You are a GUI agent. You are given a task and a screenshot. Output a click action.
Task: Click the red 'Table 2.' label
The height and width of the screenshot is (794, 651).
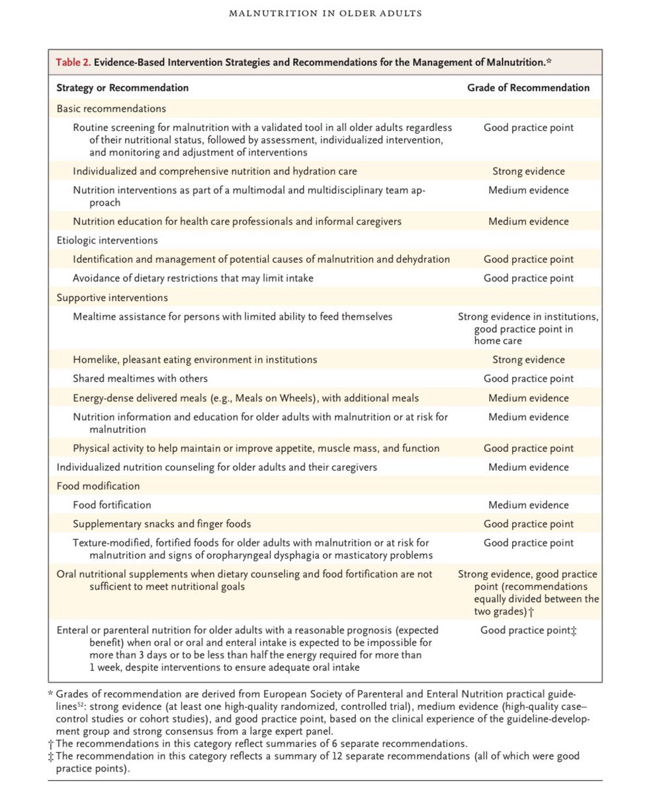[73, 63]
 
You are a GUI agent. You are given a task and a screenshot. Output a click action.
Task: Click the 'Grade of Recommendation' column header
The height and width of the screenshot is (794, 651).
[528, 87]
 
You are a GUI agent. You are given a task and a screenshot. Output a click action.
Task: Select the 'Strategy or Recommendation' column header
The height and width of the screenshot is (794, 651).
[122, 87]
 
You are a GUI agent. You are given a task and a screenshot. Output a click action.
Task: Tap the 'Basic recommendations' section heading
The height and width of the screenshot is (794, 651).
[111, 109]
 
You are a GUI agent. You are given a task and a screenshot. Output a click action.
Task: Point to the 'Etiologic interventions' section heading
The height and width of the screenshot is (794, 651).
[107, 240]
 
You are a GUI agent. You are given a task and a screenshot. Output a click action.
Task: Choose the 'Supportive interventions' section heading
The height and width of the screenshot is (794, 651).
[112, 298]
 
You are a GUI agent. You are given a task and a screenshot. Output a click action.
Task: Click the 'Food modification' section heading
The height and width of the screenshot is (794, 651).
[98, 486]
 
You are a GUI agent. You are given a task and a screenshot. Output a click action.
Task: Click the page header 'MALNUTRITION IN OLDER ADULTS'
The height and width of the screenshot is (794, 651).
[325, 13]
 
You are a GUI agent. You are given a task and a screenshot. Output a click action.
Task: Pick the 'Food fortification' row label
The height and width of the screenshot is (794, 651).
[112, 505]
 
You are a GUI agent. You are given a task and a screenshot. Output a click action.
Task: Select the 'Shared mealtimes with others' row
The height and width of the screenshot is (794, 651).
[140, 378]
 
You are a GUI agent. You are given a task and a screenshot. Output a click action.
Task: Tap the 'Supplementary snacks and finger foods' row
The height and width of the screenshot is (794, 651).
[161, 524]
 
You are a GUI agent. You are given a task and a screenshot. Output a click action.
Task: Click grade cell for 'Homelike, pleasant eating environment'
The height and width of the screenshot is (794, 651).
[528, 360]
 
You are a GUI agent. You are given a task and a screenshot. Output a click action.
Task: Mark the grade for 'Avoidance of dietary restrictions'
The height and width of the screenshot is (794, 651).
[528, 279]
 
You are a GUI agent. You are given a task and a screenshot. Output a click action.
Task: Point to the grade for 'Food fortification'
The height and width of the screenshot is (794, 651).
[528, 505]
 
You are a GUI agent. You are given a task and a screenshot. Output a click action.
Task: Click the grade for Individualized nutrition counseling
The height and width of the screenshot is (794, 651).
[528, 467]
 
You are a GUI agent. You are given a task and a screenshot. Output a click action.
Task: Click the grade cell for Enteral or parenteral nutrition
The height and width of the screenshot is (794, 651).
[528, 631]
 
